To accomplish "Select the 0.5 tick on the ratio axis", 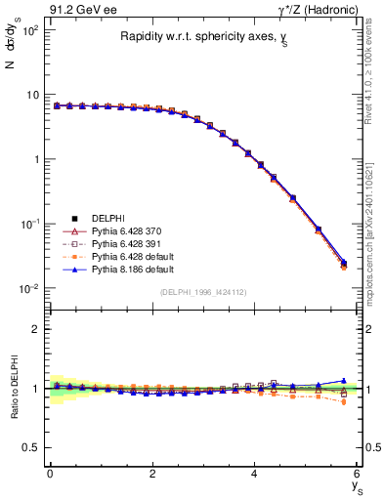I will pos(31,447).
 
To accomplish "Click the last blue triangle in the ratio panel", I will pos(342,381).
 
